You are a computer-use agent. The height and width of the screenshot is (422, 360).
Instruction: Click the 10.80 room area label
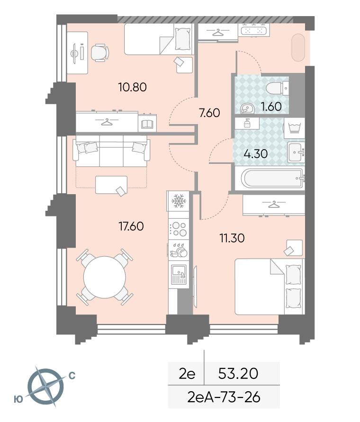click(x=132, y=87)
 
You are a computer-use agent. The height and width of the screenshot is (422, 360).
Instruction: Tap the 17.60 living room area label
click(x=131, y=226)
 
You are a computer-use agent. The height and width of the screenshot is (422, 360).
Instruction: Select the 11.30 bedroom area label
click(x=232, y=238)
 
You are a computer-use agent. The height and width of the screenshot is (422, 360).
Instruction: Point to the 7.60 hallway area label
click(x=209, y=113)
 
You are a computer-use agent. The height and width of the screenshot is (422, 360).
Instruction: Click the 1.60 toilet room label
click(x=271, y=107)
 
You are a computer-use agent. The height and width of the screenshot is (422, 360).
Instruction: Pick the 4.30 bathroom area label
click(x=255, y=153)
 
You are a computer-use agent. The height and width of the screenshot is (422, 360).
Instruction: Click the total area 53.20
click(x=238, y=374)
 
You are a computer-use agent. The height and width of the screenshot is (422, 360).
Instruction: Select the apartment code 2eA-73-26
click(x=224, y=397)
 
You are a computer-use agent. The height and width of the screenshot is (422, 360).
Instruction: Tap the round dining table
click(x=105, y=277)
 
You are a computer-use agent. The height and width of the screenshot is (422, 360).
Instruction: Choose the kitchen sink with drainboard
click(x=179, y=275)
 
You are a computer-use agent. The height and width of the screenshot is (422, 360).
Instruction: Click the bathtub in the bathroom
click(x=272, y=178)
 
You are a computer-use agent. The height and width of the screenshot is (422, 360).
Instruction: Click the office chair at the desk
click(x=99, y=53)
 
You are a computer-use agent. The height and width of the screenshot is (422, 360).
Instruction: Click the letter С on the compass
click(x=72, y=376)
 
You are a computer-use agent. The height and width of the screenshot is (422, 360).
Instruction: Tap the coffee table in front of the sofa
click(x=111, y=185)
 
